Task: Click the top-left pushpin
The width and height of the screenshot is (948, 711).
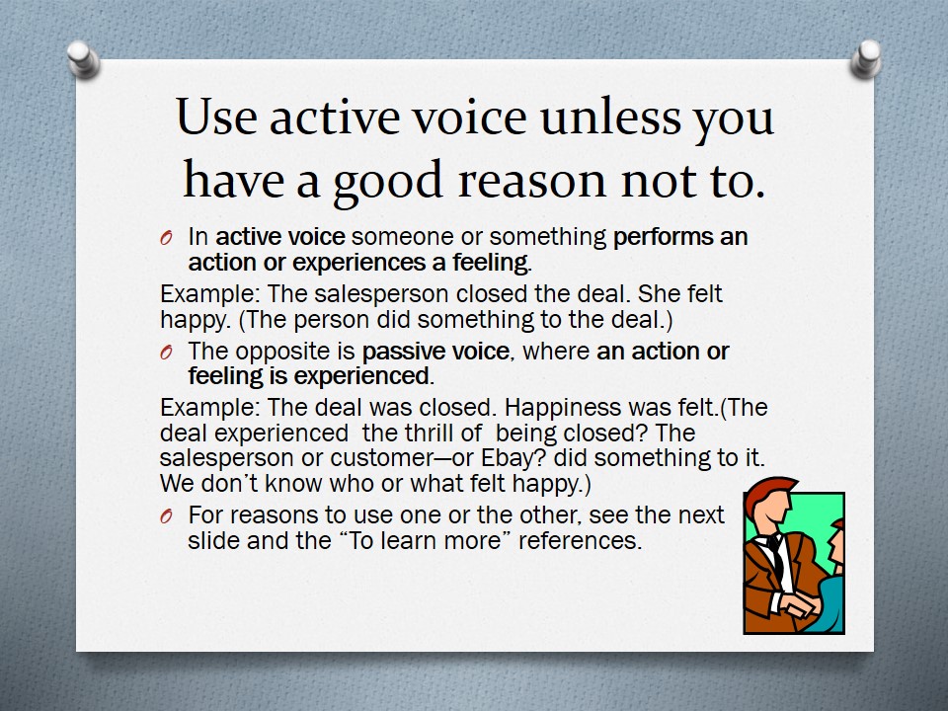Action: tap(82, 58)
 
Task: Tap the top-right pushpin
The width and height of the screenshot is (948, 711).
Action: tap(865, 58)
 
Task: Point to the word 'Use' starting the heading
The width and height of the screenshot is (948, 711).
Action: tap(216, 117)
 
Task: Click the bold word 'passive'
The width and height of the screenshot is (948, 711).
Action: tap(396, 352)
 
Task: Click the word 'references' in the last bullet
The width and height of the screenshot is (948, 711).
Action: tap(580, 540)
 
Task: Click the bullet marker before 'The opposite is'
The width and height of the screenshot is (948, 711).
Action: tap(167, 352)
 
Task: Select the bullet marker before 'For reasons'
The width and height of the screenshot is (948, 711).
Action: tap(167, 515)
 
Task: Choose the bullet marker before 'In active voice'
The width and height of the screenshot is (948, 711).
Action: tap(167, 238)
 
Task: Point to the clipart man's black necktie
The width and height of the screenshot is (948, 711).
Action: tap(776, 555)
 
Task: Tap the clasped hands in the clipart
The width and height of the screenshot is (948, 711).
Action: tap(799, 604)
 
